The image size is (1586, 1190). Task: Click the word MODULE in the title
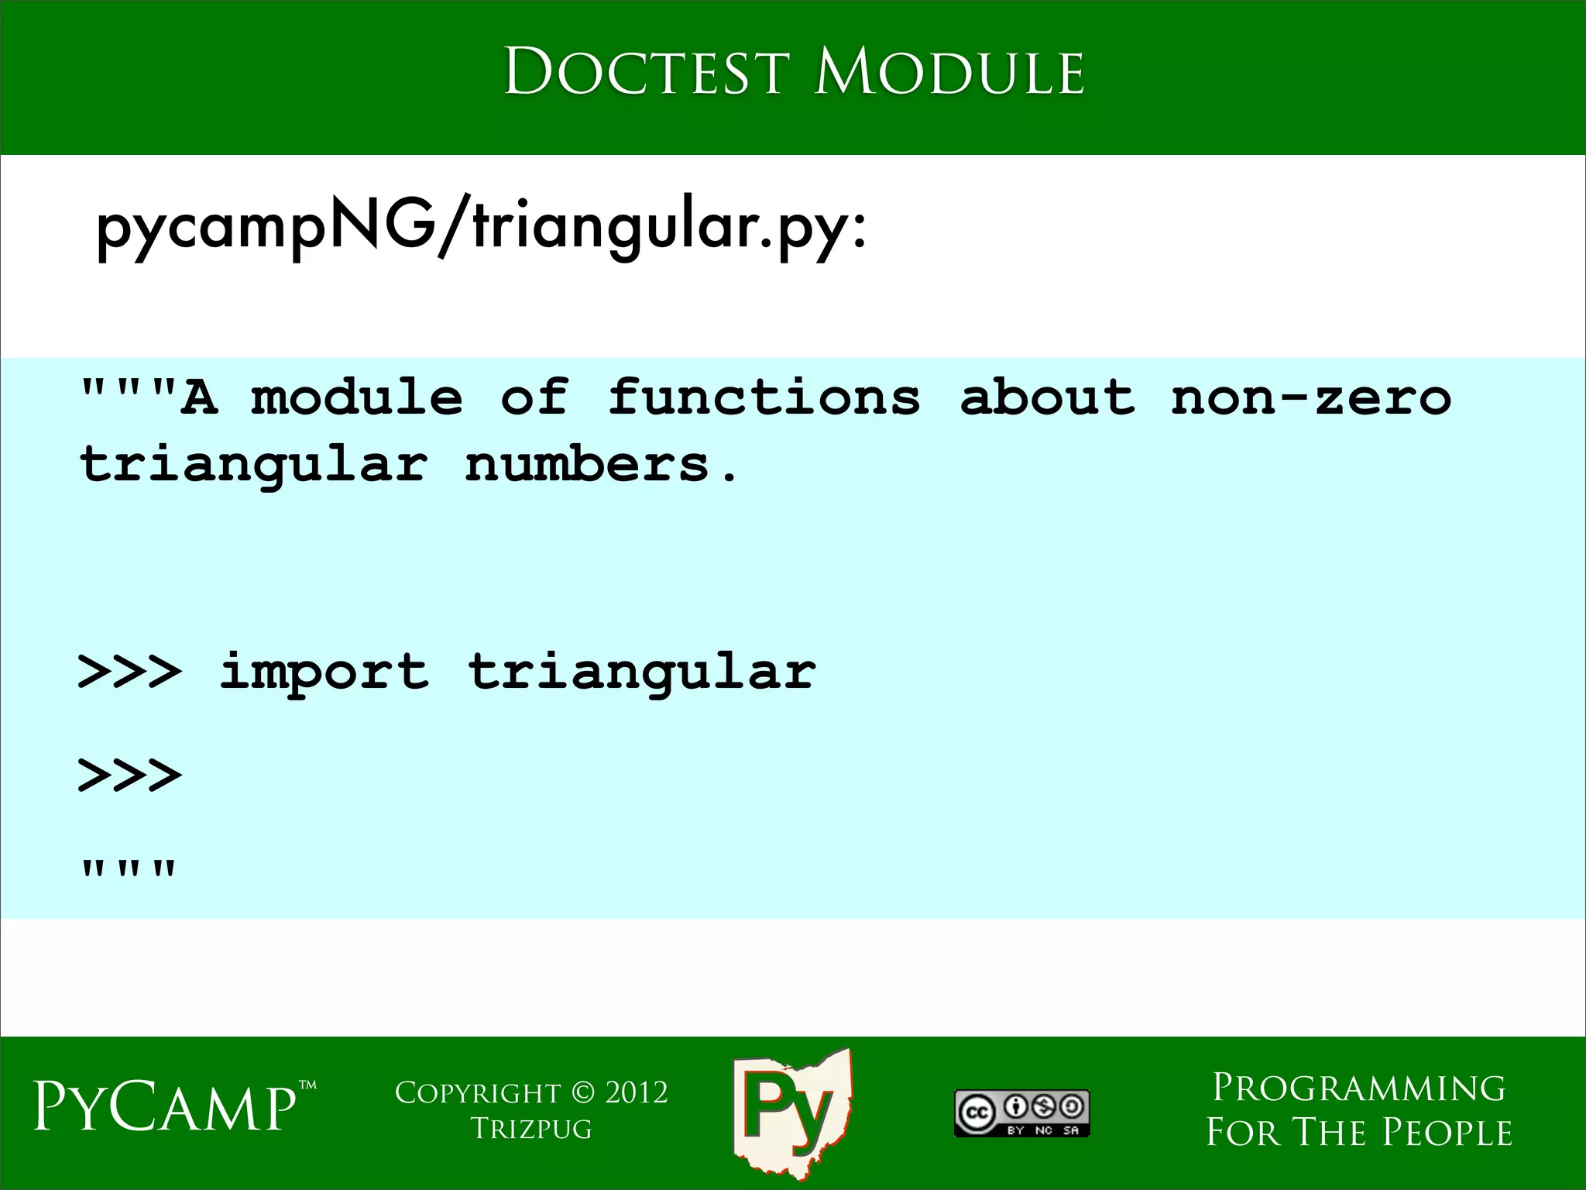[949, 72]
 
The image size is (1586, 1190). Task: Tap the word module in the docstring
[356, 397]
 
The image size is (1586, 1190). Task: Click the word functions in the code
[764, 397]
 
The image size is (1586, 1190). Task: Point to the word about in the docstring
[1047, 397]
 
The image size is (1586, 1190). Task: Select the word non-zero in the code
[1310, 397]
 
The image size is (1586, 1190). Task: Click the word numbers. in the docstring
[602, 466]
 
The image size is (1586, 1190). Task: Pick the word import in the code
[324, 671]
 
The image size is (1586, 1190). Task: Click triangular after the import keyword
[641, 672]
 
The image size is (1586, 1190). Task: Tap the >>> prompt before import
[130, 672]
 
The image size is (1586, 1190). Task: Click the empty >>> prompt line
[130, 776]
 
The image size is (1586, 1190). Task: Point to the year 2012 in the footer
[636, 1093]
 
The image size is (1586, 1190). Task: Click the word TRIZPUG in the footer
[531, 1129]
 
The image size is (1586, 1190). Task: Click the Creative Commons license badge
[1021, 1113]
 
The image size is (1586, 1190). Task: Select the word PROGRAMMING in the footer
[1358, 1089]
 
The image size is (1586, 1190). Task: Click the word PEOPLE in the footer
[1447, 1133]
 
